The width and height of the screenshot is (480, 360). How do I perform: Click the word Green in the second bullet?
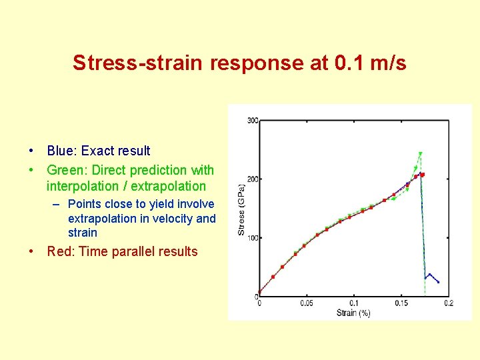(65, 170)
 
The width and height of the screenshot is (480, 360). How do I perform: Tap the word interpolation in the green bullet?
(82, 186)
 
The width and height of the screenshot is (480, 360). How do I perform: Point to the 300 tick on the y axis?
(253, 121)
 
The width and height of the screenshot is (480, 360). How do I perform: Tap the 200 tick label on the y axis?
(253, 179)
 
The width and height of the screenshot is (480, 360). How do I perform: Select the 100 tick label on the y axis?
(253, 238)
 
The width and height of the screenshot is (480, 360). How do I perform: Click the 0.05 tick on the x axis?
(306, 303)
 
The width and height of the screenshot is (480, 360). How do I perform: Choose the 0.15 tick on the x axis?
(401, 303)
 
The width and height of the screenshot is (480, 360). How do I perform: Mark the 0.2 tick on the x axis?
(448, 303)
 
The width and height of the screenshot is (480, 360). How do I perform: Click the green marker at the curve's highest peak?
(420, 154)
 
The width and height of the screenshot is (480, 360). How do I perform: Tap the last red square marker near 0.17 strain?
(422, 175)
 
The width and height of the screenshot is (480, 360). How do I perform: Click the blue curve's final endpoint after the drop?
(438, 282)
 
